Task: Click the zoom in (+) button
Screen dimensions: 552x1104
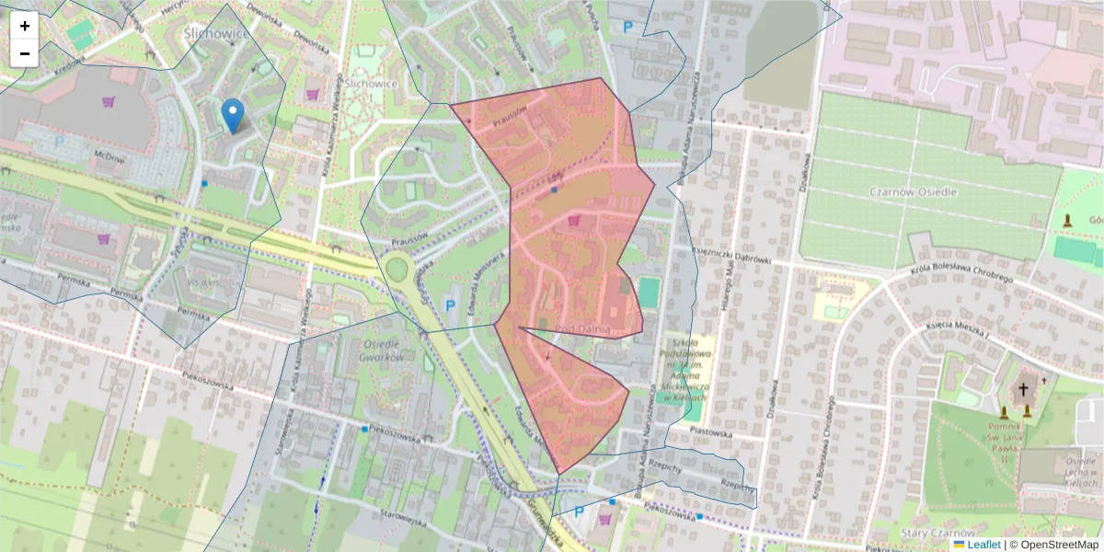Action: point(25,26)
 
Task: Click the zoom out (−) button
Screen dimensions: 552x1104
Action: point(25,53)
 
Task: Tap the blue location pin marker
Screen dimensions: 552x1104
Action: point(234,116)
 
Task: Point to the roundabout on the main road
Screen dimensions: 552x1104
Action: point(398,270)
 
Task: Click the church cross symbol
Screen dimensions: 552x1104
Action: point(1023,390)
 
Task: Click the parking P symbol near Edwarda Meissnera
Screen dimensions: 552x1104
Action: point(450,305)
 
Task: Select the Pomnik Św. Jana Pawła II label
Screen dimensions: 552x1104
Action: point(1025,439)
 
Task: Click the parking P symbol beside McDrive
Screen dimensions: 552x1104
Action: point(61,143)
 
